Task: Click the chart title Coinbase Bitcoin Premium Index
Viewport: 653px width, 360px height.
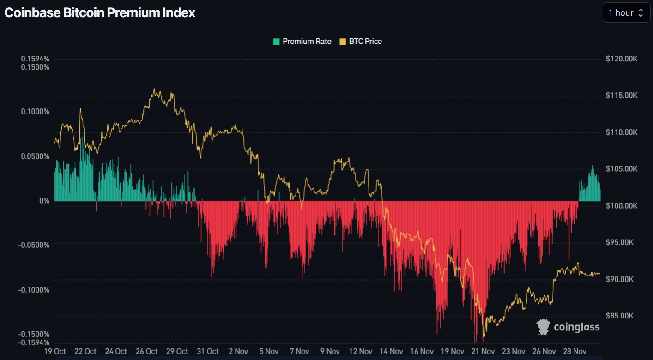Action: pyautogui.click(x=100, y=13)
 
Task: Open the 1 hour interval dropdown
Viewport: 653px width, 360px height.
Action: pyautogui.click(x=626, y=13)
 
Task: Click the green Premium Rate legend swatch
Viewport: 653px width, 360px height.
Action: pyautogui.click(x=276, y=42)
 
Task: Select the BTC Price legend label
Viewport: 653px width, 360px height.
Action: pyautogui.click(x=365, y=42)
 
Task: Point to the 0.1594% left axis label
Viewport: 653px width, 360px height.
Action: pyautogui.click(x=35, y=59)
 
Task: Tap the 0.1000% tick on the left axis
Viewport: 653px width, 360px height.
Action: pyautogui.click(x=35, y=112)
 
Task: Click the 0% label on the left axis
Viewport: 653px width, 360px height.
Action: pyautogui.click(x=44, y=201)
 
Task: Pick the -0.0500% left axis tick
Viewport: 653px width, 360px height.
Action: pyautogui.click(x=34, y=245)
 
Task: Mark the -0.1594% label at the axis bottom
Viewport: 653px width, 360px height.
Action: pyautogui.click(x=34, y=342)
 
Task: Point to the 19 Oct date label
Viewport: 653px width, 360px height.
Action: pyautogui.click(x=54, y=351)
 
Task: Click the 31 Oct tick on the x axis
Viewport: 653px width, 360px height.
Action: pyautogui.click(x=207, y=351)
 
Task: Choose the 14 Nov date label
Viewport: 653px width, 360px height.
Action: pyautogui.click(x=390, y=351)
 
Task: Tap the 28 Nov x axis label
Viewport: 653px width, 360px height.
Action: pyautogui.click(x=573, y=351)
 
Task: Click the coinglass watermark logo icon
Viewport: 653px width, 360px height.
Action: pyautogui.click(x=543, y=327)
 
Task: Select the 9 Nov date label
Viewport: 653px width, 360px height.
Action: pyautogui.click(x=329, y=351)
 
